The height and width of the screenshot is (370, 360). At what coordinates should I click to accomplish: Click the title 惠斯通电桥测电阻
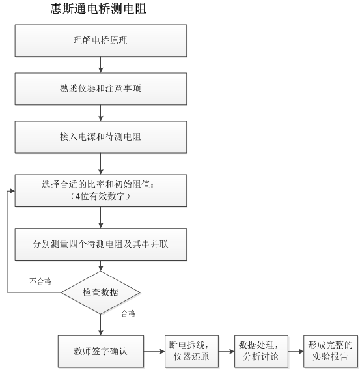pyautogui.click(x=98, y=8)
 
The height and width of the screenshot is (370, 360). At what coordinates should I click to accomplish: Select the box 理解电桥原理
pyautogui.click(x=101, y=40)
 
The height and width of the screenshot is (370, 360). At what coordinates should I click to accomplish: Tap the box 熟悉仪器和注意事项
pyautogui.click(x=101, y=89)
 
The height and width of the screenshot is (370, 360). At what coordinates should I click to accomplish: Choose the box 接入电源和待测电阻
pyautogui.click(x=101, y=137)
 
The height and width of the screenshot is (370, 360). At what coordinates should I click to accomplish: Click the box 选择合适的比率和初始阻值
pyautogui.click(x=101, y=191)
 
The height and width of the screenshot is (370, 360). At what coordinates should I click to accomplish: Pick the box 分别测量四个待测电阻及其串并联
pyautogui.click(x=101, y=244)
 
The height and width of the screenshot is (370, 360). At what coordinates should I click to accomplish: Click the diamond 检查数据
pyautogui.click(x=101, y=292)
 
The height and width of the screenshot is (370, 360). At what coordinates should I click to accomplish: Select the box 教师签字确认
pyautogui.click(x=101, y=352)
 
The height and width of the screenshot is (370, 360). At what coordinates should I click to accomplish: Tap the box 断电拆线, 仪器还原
pyautogui.click(x=191, y=352)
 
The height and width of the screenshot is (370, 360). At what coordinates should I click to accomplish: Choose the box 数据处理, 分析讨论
pyautogui.click(x=261, y=352)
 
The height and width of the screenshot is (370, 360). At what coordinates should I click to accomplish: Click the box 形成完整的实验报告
pyautogui.click(x=331, y=352)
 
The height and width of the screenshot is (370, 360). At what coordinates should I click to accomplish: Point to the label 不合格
pyautogui.click(x=40, y=281)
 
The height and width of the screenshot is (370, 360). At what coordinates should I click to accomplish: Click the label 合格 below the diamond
pyautogui.click(x=128, y=313)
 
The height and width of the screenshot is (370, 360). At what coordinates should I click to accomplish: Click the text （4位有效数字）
pyautogui.click(x=101, y=197)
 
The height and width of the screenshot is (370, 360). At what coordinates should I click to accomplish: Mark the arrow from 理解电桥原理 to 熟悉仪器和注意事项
pyautogui.click(x=101, y=64)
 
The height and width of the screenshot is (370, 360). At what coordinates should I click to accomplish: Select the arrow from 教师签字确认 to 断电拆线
pyautogui.click(x=154, y=352)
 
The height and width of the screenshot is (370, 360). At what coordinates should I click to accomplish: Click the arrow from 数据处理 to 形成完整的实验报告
pyautogui.click(x=296, y=352)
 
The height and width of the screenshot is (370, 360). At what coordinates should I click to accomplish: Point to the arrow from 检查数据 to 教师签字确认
pyautogui.click(x=101, y=325)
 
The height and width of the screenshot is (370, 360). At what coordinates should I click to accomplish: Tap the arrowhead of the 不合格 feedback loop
pyautogui.click(x=12, y=191)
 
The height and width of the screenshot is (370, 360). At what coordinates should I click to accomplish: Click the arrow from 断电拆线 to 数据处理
pyautogui.click(x=227, y=352)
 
